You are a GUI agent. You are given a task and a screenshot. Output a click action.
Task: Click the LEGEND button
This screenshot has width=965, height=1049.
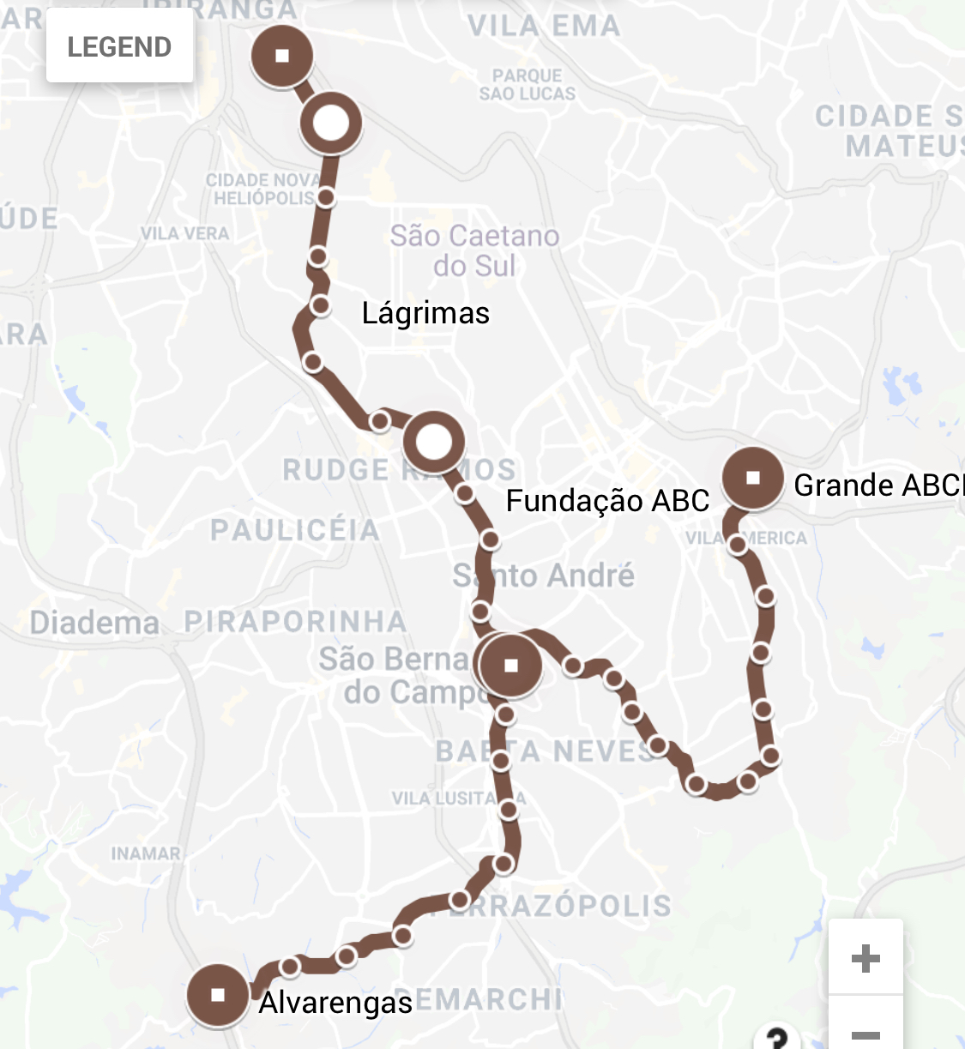(x=119, y=46)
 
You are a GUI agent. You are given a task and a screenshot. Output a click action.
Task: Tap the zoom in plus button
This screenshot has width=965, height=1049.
(x=865, y=957)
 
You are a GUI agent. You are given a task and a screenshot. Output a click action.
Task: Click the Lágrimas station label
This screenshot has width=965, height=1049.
(x=425, y=313)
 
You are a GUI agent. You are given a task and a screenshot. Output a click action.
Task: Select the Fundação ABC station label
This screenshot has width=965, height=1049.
(x=607, y=500)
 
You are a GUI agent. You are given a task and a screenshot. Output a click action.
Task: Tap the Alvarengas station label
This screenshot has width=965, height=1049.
(x=335, y=1002)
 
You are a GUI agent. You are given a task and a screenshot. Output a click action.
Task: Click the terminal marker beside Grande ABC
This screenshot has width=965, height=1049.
(x=753, y=478)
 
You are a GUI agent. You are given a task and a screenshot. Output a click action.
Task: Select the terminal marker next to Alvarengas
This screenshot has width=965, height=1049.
(x=218, y=995)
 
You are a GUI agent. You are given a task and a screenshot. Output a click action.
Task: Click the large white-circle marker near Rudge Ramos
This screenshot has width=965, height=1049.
(x=433, y=443)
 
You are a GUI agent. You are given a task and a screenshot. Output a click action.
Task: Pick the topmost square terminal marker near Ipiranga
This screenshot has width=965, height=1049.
(x=281, y=56)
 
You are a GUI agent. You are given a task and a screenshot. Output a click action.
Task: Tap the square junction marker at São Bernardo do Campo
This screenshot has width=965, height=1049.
(x=511, y=665)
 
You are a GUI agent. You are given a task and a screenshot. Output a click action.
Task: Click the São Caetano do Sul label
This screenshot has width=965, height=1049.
(x=474, y=250)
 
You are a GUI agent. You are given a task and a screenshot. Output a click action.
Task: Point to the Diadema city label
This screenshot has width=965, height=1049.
(x=94, y=622)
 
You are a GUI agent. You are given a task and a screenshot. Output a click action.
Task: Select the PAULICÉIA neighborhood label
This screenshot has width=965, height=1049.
(x=295, y=530)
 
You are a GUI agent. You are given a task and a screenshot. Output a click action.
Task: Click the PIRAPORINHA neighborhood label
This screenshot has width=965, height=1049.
(x=295, y=621)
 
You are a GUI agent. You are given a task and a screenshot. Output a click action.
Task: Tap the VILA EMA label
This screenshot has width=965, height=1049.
(x=544, y=26)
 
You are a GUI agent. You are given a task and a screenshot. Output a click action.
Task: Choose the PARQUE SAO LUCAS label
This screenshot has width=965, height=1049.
(x=528, y=84)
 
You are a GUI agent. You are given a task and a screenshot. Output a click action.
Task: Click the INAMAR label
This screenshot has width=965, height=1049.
(x=146, y=853)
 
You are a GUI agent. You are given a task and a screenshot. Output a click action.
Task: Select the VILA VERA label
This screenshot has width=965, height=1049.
(x=184, y=233)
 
